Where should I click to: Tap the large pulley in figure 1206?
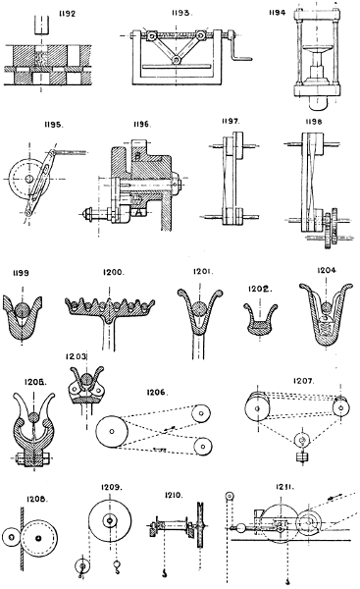click(115, 432)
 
